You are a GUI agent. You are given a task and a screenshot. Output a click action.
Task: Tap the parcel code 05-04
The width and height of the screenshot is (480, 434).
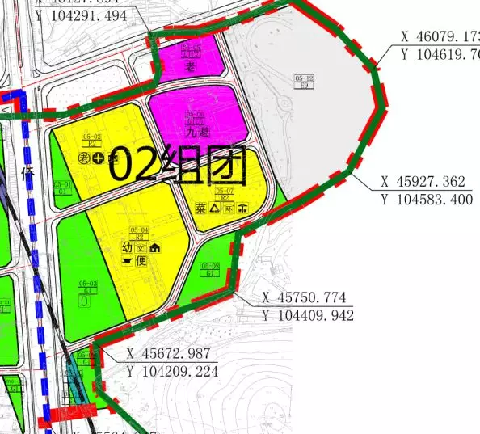[139, 230]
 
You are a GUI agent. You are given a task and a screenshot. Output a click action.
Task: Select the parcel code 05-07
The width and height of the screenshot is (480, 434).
[227, 191]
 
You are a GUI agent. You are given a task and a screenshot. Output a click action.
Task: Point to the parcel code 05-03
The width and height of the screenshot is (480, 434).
[88, 283]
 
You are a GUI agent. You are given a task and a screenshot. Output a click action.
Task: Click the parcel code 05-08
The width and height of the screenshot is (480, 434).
[210, 266]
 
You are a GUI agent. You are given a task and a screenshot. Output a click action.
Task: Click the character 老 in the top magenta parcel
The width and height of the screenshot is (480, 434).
[191, 66]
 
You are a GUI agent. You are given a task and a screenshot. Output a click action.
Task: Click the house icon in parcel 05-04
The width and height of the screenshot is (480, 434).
[154, 248]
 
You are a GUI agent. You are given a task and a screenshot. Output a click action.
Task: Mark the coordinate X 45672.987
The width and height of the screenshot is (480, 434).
[169, 354]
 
